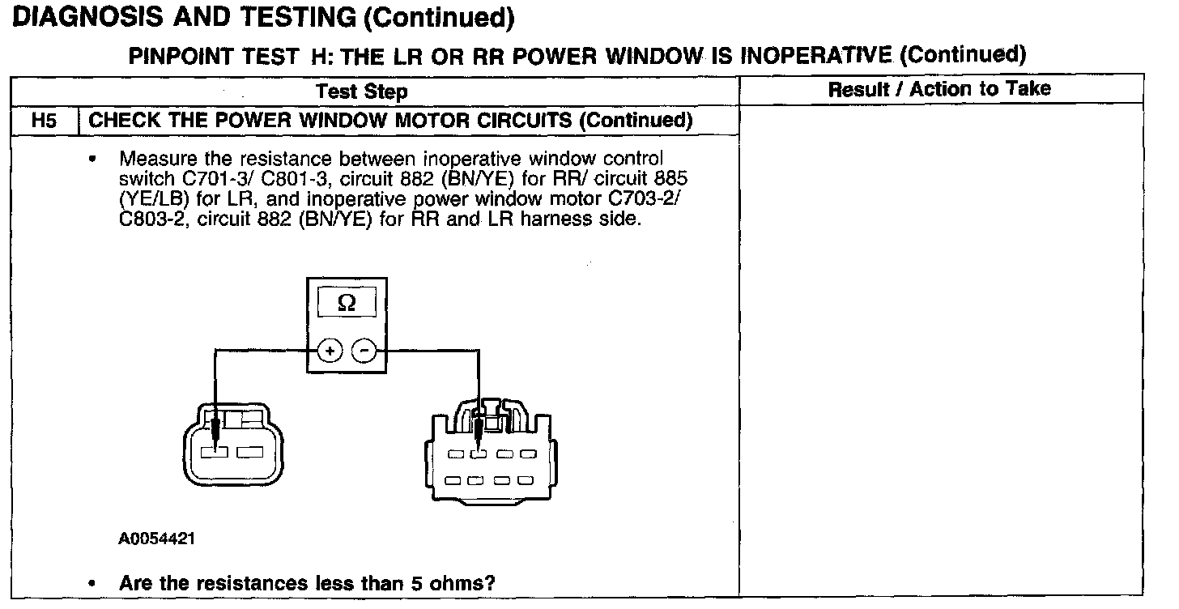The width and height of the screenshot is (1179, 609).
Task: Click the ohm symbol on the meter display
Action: point(346,303)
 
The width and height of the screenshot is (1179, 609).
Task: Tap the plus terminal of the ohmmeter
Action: point(330,351)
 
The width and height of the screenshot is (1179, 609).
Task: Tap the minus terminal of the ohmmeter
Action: point(364,351)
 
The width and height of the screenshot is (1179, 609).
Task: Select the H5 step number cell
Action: point(45,121)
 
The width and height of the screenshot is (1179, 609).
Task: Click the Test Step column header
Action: point(361,92)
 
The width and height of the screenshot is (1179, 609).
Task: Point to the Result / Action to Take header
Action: point(939,89)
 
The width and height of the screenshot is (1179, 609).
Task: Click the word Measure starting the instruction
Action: point(154,160)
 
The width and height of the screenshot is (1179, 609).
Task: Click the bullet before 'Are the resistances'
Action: point(96,583)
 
